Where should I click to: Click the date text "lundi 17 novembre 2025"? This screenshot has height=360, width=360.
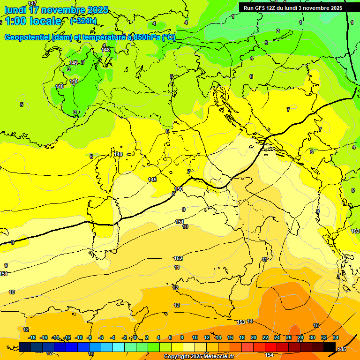(56, 10)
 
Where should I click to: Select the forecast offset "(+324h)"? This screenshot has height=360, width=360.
(83, 21)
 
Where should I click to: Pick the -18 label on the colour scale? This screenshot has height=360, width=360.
(32, 337)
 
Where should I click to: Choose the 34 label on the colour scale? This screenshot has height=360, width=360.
(336, 337)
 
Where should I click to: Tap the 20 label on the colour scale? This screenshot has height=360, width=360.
(254, 337)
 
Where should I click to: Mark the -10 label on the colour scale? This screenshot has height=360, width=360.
(78, 337)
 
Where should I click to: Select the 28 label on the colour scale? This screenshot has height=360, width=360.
(300, 337)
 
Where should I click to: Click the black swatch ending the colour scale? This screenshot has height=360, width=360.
(330, 347)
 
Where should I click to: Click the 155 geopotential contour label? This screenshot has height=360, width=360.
(342, 349)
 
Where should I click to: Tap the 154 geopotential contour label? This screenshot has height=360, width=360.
(269, 355)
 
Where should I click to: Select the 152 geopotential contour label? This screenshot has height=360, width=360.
(178, 258)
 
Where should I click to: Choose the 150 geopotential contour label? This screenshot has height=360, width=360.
(179, 189)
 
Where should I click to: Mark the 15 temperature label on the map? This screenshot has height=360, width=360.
(316, 325)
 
